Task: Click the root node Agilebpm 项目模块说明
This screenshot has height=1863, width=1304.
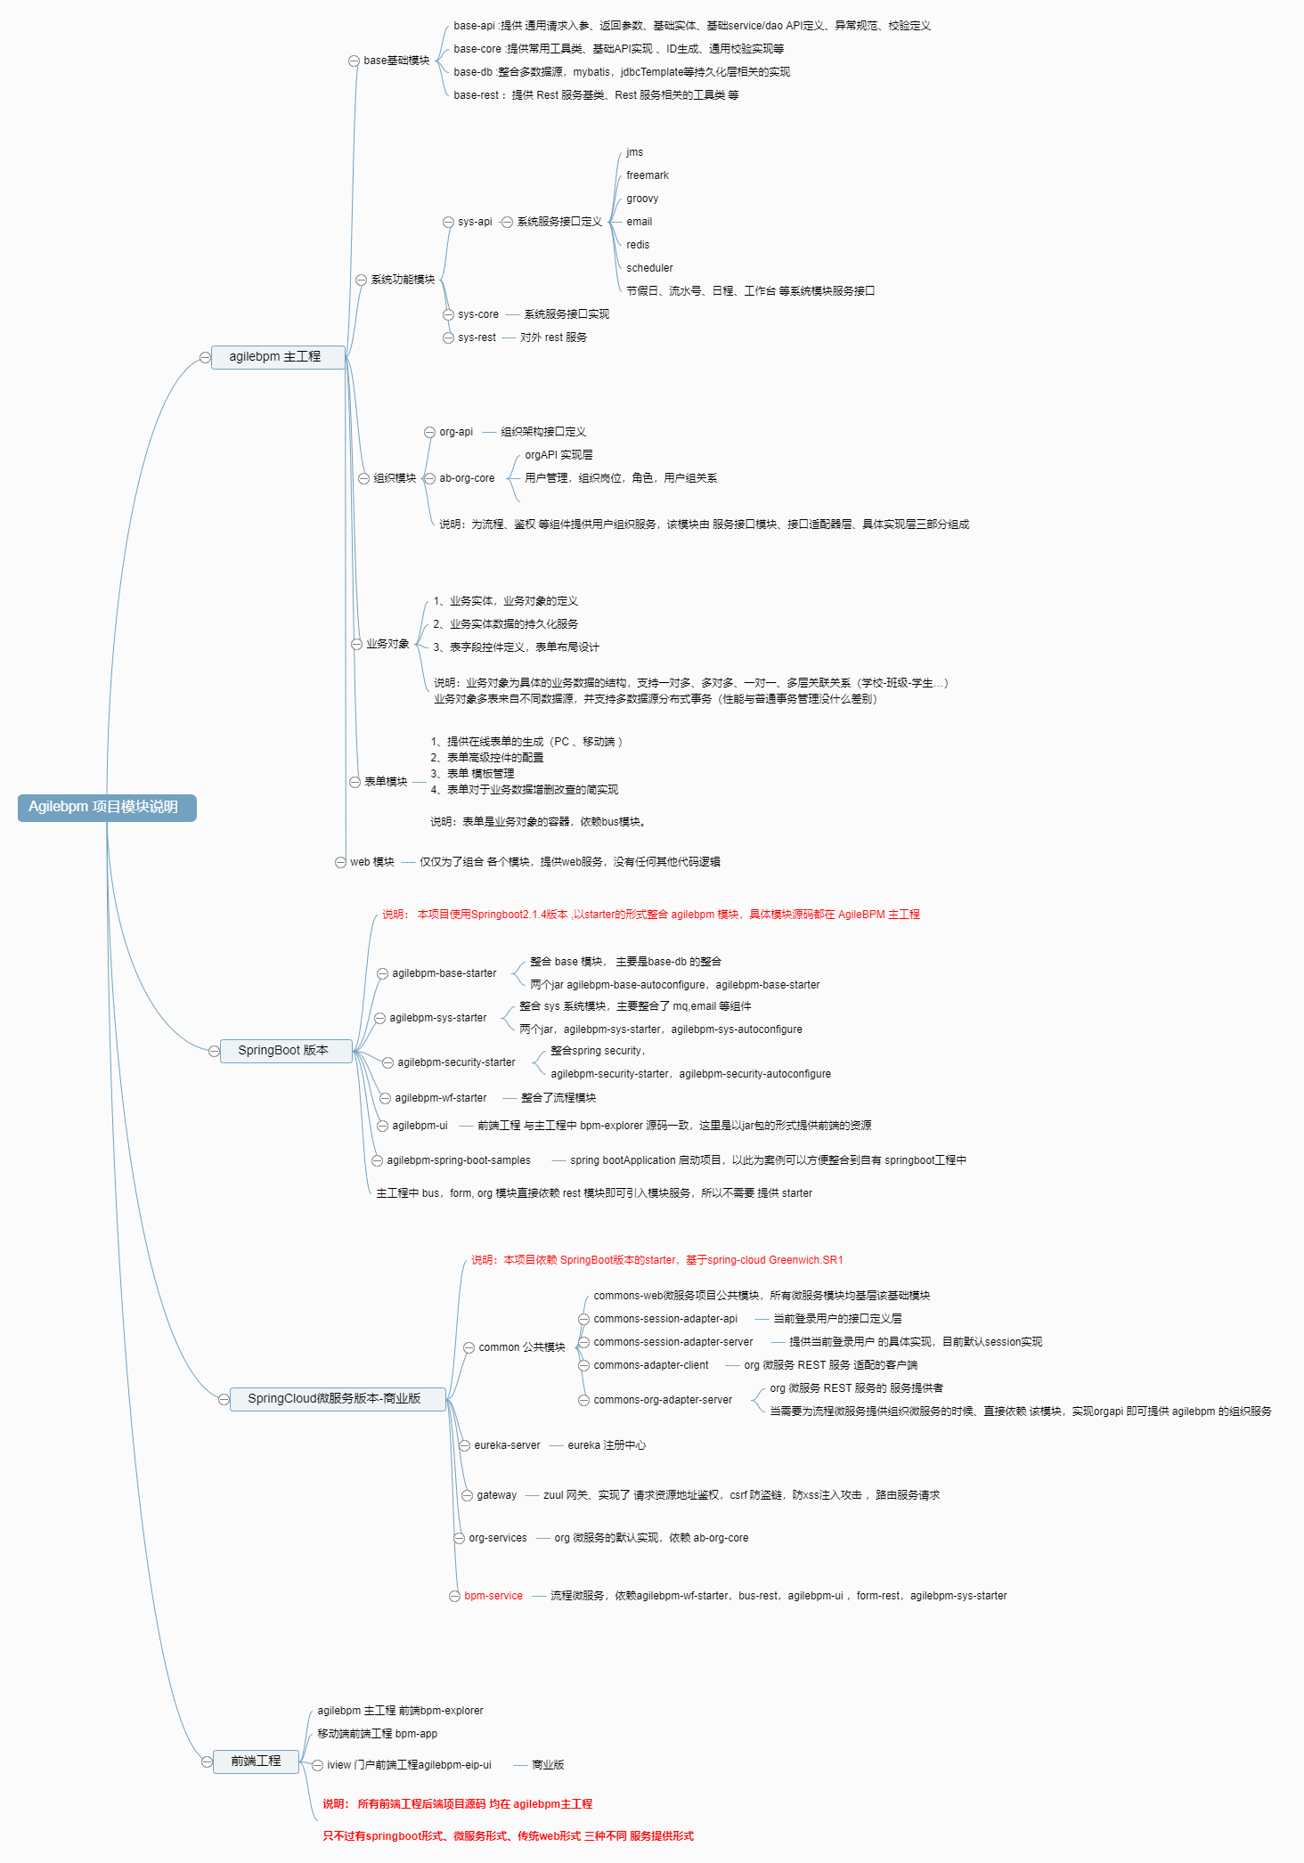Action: (106, 807)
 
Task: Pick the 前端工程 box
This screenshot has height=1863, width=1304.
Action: (256, 1761)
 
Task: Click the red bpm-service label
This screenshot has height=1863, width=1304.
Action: (493, 1596)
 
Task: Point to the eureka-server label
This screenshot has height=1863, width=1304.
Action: (507, 1445)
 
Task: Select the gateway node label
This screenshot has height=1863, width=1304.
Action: (496, 1495)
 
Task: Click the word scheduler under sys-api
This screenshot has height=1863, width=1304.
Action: (649, 268)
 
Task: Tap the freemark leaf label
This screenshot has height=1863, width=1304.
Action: (647, 175)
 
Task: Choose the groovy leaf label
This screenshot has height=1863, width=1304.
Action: (642, 199)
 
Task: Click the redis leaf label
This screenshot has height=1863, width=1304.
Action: (638, 245)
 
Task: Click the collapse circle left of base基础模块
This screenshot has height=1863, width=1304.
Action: (354, 61)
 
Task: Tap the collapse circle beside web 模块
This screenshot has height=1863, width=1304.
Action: (340, 862)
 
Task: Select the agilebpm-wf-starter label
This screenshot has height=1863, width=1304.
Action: (441, 1098)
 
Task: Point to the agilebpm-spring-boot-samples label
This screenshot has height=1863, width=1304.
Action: (458, 1160)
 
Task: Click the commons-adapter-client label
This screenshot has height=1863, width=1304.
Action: (651, 1365)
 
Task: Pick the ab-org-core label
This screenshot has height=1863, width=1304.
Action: (467, 478)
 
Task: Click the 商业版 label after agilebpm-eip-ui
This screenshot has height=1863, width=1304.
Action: (548, 1765)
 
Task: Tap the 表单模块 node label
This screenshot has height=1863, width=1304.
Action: (386, 782)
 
